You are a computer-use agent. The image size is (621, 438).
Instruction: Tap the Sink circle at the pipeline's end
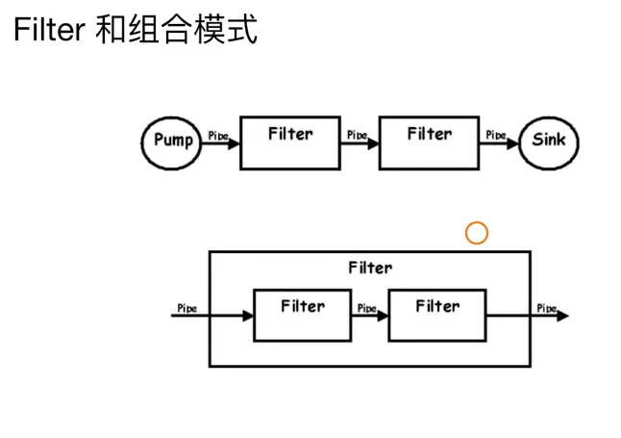[x=549, y=141]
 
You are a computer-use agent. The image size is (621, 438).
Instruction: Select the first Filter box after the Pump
[x=289, y=142]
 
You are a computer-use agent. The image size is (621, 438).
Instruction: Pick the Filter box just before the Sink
[x=429, y=142]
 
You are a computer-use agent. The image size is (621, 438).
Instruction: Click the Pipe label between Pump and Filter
[x=218, y=136]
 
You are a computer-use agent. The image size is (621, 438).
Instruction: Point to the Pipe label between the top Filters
[x=357, y=135]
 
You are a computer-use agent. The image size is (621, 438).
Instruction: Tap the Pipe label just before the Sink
[x=496, y=135]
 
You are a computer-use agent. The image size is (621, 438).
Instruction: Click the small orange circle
[x=477, y=233]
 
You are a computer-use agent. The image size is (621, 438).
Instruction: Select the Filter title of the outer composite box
[x=369, y=268]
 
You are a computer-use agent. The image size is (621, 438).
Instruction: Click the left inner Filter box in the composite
[x=302, y=314]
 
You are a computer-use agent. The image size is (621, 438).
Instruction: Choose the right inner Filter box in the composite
[x=437, y=314]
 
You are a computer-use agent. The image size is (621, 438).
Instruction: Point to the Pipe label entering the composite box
[x=187, y=308]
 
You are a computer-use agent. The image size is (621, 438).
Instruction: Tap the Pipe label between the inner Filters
[x=366, y=308]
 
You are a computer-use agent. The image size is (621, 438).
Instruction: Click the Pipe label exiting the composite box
[x=546, y=308]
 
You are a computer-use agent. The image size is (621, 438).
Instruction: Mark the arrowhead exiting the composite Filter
[x=562, y=316]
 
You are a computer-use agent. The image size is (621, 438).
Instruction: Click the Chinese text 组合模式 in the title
[x=195, y=29]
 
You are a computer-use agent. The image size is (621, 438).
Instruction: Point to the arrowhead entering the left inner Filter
[x=247, y=315]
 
